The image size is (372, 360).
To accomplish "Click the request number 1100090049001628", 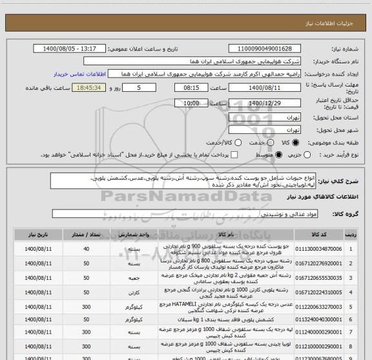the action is [265, 49].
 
